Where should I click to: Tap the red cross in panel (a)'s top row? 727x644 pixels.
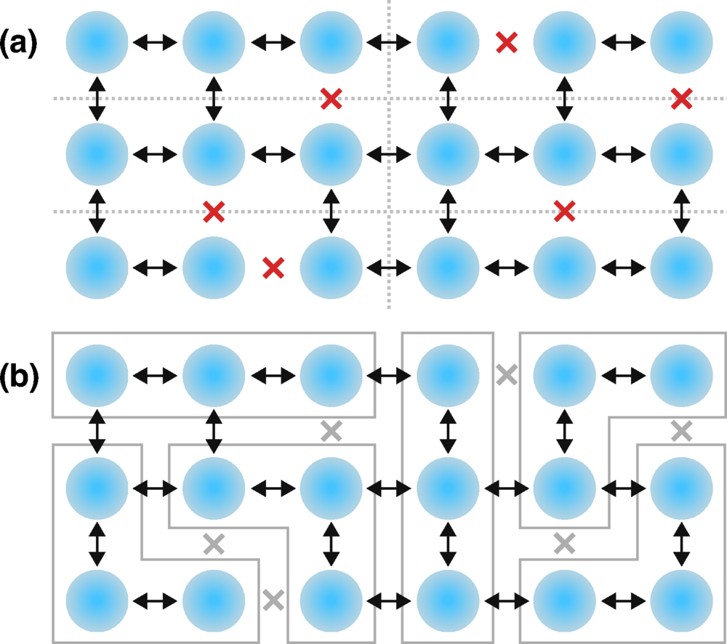click(507, 43)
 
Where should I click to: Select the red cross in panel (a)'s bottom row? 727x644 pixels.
click(273, 268)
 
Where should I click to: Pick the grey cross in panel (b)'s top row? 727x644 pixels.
click(507, 375)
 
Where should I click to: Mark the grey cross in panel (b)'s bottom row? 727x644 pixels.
click(273, 600)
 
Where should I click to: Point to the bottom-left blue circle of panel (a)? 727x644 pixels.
click(97, 267)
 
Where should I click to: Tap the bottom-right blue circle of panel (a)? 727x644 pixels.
click(681, 267)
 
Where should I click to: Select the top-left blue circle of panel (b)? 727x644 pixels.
click(97, 375)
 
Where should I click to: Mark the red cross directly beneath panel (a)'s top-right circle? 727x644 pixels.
click(681, 98)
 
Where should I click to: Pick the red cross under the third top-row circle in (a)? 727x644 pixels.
click(332, 98)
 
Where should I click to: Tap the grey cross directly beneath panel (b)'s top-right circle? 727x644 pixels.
click(681, 431)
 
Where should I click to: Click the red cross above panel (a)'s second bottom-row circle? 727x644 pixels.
click(214, 212)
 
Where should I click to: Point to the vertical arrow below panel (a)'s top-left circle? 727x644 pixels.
click(97, 99)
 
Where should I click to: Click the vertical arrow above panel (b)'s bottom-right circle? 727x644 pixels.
click(681, 543)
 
